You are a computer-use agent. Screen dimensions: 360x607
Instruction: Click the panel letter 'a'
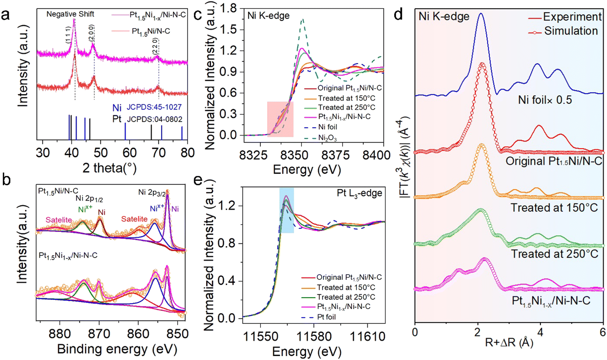coord(5,15)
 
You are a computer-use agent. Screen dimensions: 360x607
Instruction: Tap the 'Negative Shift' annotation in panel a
coord(70,14)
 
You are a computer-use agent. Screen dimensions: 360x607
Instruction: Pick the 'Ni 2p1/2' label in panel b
coord(89,199)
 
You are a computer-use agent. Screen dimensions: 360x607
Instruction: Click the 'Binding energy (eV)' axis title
coord(117,349)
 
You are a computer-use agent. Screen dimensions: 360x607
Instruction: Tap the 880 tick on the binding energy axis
coord(60,333)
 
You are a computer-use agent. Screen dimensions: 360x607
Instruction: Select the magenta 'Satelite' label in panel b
coord(59,220)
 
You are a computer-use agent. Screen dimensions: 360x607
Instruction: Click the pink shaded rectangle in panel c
coord(280,119)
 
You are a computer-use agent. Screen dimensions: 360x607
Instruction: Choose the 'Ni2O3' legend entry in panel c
coord(327,138)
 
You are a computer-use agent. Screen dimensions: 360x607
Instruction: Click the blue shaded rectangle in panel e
coord(286,210)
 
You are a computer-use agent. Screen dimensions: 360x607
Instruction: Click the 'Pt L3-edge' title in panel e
coord(359,193)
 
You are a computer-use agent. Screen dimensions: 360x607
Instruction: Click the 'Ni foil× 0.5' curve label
coord(545,100)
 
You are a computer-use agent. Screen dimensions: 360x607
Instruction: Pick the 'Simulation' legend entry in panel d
coord(571,31)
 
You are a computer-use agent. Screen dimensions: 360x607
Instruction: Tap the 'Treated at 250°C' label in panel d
coord(554,254)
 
